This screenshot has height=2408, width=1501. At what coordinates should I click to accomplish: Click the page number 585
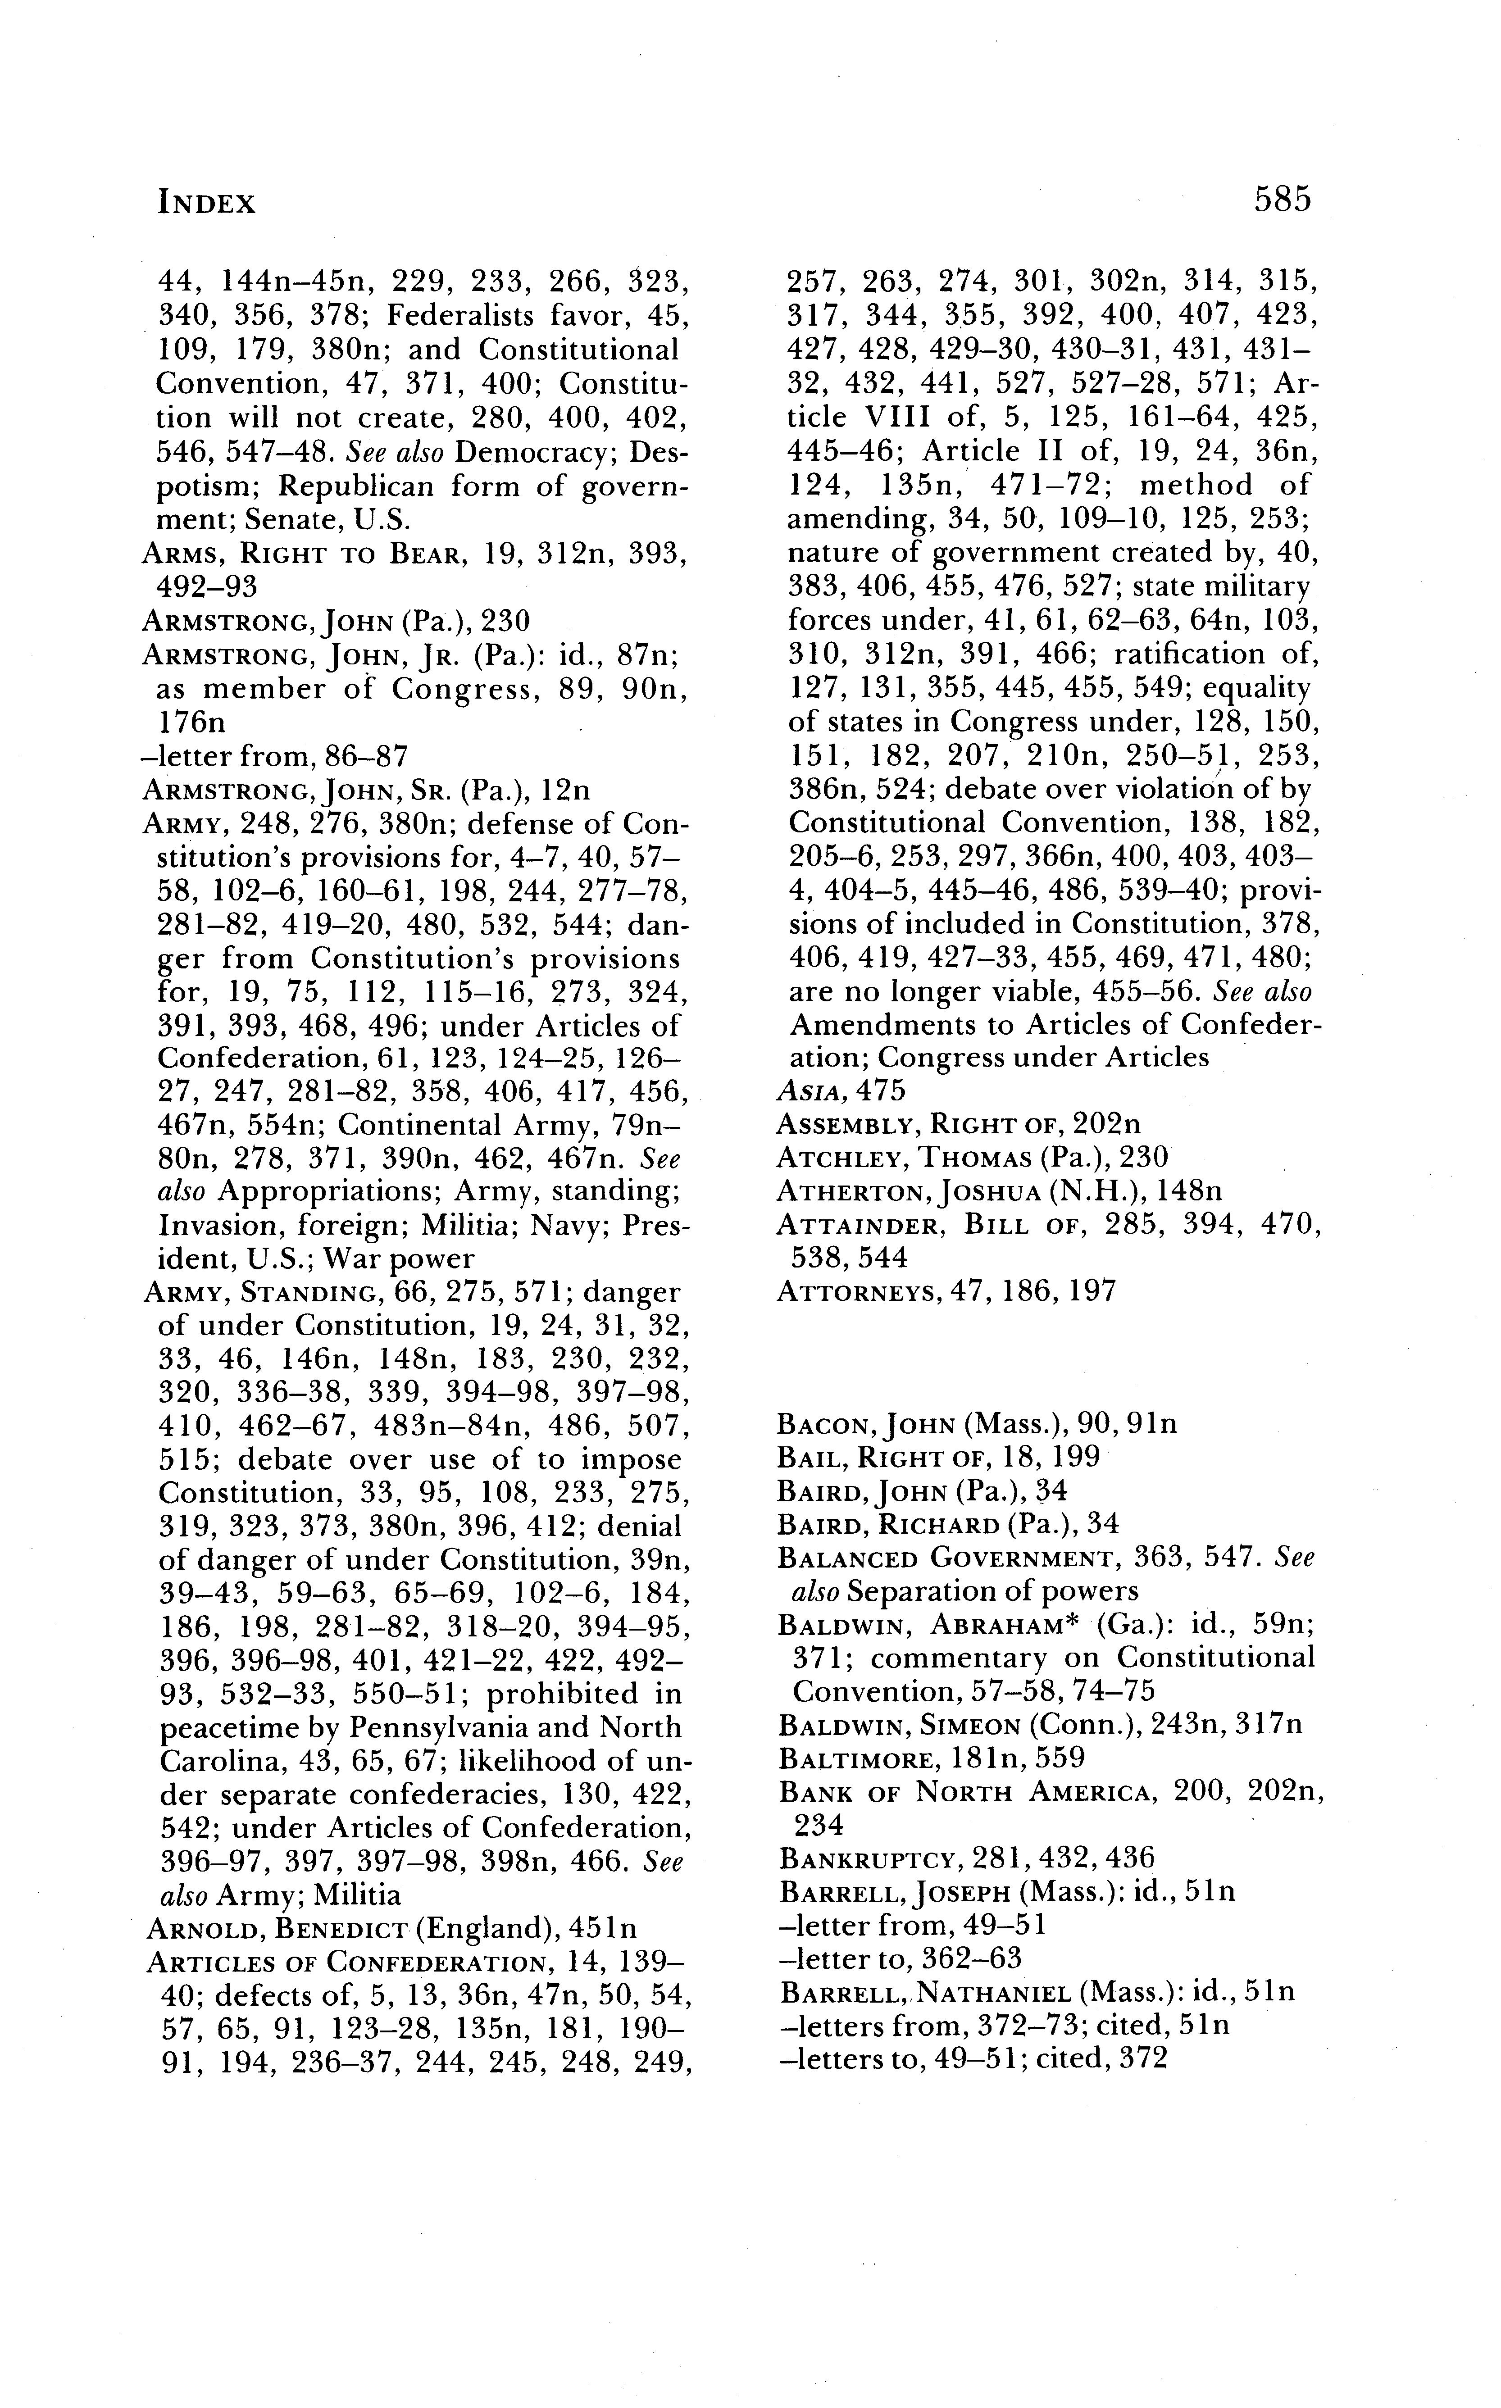pos(1282,200)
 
